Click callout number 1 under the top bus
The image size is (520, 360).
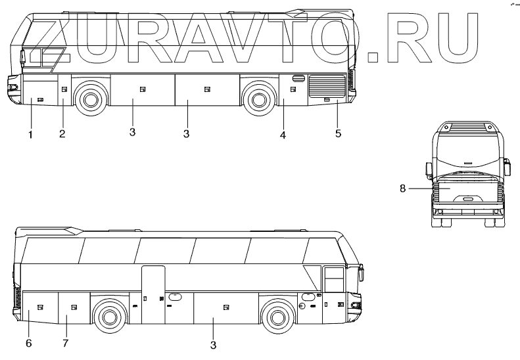point(30,135)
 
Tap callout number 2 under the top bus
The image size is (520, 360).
point(62,134)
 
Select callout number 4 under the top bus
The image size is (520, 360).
point(283,135)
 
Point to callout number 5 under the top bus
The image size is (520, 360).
point(338,133)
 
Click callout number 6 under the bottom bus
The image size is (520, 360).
point(29,343)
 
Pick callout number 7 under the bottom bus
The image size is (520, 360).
point(65,343)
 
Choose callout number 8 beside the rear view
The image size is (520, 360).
point(402,189)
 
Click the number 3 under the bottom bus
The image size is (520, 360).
point(213,345)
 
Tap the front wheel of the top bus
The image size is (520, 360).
point(90,98)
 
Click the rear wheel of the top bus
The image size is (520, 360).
point(258,99)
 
